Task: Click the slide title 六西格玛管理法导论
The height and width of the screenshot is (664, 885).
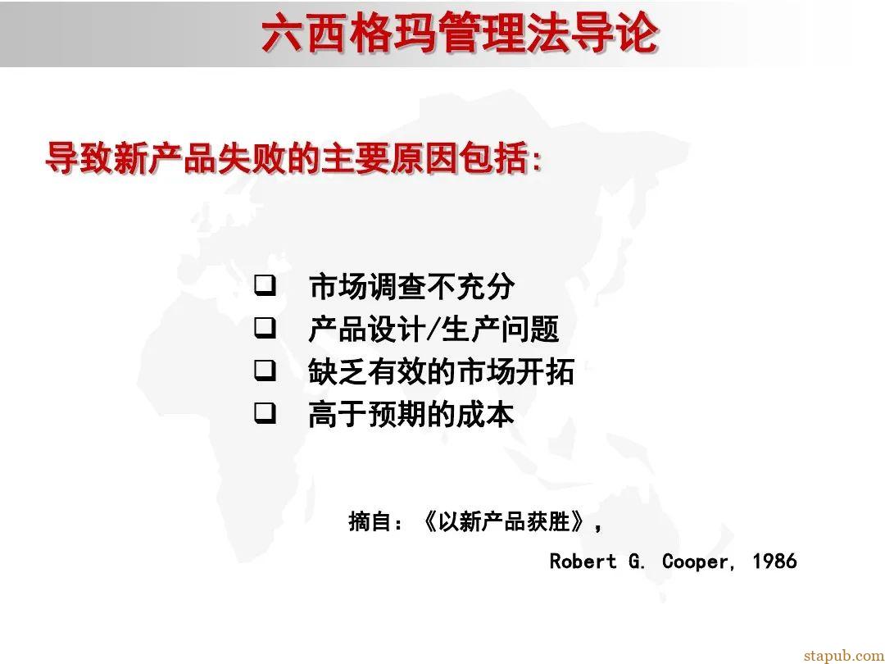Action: (x=459, y=34)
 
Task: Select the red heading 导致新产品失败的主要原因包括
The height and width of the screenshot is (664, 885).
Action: (x=293, y=158)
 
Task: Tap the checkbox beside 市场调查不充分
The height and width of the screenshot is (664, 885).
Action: (x=264, y=286)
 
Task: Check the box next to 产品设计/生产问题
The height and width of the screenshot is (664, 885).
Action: (x=264, y=329)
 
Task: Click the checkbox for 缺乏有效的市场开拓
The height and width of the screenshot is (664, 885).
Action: (x=264, y=371)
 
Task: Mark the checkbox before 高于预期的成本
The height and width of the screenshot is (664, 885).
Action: (x=264, y=414)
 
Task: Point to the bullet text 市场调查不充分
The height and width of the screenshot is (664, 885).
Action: (x=411, y=287)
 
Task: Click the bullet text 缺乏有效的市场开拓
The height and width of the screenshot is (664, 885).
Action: (x=441, y=372)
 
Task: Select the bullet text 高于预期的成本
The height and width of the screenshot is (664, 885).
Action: (x=411, y=415)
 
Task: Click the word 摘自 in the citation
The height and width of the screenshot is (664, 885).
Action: (x=368, y=521)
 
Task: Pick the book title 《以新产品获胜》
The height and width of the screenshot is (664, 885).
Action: (x=504, y=521)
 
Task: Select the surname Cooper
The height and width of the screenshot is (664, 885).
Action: (x=694, y=562)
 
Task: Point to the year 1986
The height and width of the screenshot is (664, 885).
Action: (x=774, y=562)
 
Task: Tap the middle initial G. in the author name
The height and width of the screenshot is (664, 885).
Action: (x=638, y=562)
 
